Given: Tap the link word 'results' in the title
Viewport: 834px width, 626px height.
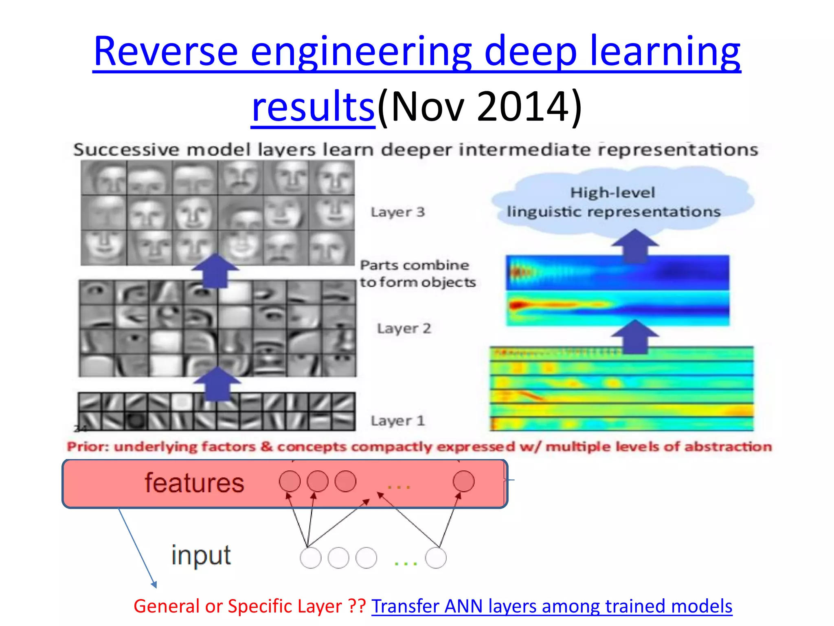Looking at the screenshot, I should [x=313, y=107].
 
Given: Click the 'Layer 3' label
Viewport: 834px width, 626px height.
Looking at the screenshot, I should [x=397, y=212].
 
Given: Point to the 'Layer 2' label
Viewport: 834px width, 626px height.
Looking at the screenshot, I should [x=404, y=328].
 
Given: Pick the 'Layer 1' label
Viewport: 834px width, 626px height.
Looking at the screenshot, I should [x=397, y=420].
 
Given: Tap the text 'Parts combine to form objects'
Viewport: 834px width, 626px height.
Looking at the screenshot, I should [x=417, y=273].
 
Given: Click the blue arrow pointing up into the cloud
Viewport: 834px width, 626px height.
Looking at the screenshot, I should [x=634, y=245].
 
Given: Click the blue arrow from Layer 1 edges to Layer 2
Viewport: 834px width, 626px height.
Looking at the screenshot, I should [x=217, y=383].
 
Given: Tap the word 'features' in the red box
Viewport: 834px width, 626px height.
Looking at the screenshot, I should [x=194, y=483].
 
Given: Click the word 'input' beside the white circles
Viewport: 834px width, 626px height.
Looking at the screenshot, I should [x=201, y=555].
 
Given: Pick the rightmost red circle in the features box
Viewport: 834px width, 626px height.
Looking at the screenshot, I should [x=463, y=481].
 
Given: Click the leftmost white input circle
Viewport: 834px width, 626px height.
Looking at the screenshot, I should [x=310, y=558].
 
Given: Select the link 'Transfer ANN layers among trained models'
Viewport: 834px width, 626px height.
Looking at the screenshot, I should [x=551, y=606].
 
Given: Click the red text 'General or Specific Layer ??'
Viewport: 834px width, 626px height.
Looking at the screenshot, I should [x=249, y=606].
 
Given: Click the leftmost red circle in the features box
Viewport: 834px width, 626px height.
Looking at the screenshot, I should [x=290, y=481].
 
